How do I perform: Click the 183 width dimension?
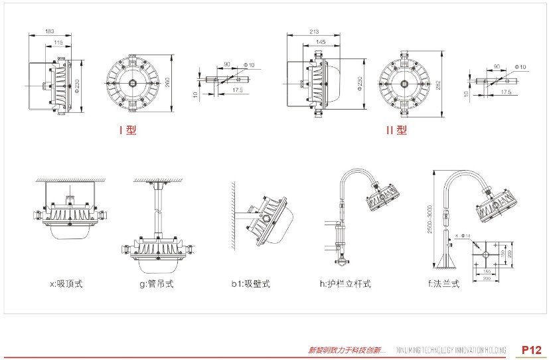[50, 31]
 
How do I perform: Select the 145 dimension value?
[321, 42]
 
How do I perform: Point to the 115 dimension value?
[58, 42]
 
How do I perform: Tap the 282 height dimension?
[439, 84]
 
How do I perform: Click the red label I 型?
[127, 131]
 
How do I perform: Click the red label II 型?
[396, 131]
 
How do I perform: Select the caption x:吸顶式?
[66, 284]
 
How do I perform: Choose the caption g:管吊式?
[157, 284]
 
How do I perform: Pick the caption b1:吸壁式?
[250, 284]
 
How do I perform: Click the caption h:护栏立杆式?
[345, 284]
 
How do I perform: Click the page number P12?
[532, 349]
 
